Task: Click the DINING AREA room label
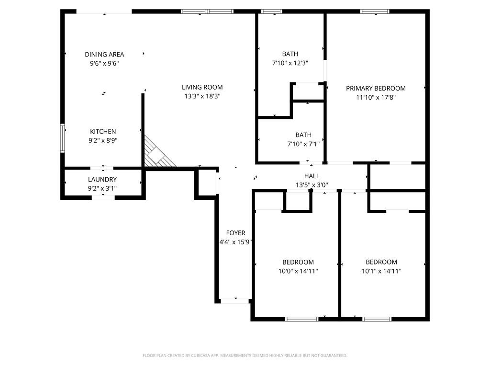coord(104,54)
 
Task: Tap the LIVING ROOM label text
coord(202,87)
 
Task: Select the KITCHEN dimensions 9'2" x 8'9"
coord(103,140)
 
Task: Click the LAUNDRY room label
coord(102,180)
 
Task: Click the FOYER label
coord(235,233)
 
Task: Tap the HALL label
coord(312,176)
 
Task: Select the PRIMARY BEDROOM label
coord(376,88)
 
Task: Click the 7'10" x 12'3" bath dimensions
coord(290,63)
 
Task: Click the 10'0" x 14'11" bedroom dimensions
coord(298,271)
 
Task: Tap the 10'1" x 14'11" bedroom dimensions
coord(381,271)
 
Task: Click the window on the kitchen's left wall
coord(62,138)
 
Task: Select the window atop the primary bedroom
coord(375,11)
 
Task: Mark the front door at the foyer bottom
coord(235,301)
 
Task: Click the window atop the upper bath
coord(272,11)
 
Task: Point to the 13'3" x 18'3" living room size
coord(202,96)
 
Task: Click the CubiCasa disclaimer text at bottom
coord(245,356)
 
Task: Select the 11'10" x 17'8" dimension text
coord(376,97)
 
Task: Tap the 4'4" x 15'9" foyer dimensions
coord(235,242)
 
